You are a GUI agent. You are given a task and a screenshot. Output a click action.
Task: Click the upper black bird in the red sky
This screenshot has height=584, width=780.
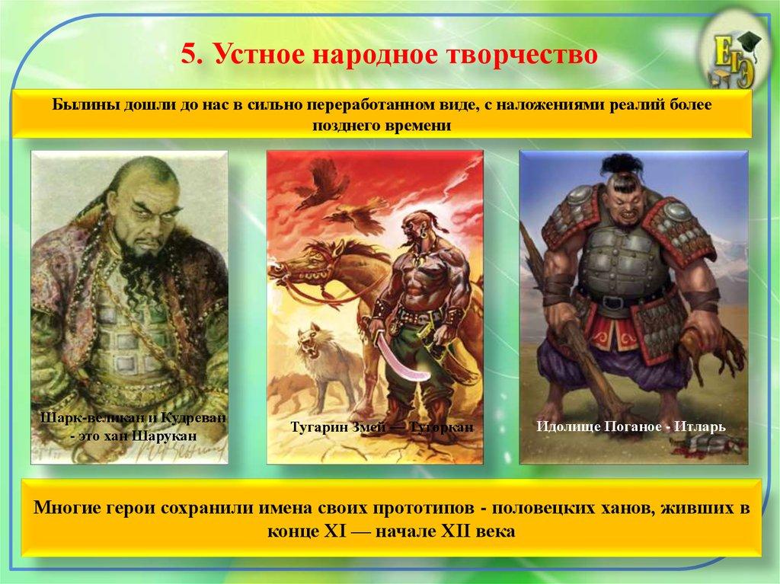[x=320, y=184]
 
